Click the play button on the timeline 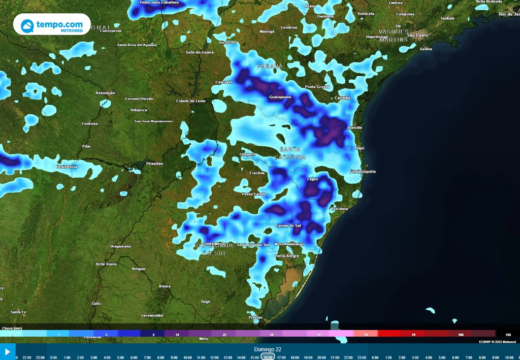[x=7, y=351]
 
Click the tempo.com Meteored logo [x=52, y=25]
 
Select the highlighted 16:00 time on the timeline [x=268, y=357]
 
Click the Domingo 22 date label [x=268, y=349]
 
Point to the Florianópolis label [x=363, y=172]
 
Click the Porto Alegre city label [x=287, y=256]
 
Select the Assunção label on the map [x=105, y=93]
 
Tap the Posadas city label [x=154, y=163]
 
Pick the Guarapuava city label [x=280, y=96]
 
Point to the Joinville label [x=354, y=127]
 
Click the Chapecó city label [x=248, y=154]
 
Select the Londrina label [x=288, y=27]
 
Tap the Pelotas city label [x=255, y=317]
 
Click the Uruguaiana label [x=120, y=246]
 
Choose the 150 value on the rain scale [x=507, y=335]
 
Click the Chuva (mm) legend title [x=12, y=329]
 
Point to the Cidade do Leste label [x=191, y=101]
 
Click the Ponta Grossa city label [x=317, y=87]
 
